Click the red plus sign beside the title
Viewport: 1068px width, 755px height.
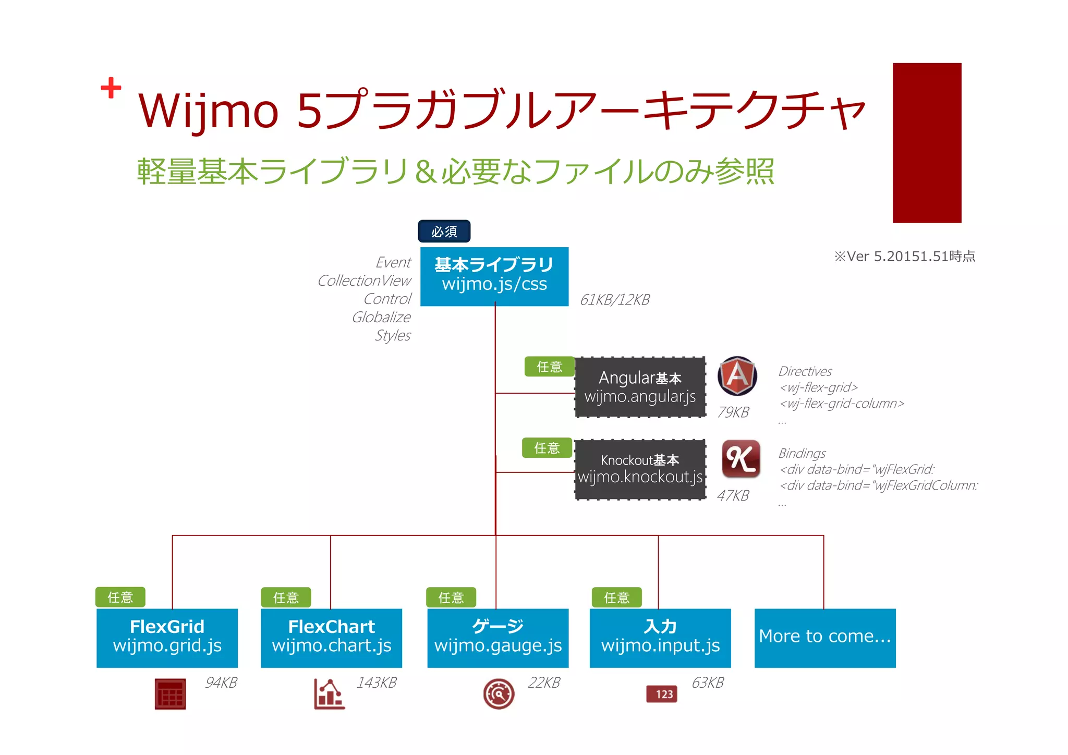click(x=111, y=88)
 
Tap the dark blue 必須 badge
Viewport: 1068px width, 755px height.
click(x=444, y=232)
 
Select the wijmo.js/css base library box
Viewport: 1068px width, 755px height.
click(x=494, y=276)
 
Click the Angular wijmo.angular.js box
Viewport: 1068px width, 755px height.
click(x=640, y=387)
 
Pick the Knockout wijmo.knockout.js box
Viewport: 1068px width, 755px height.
click(x=640, y=469)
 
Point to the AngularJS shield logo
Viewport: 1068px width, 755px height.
click(x=737, y=375)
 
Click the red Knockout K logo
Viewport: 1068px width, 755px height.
click(x=741, y=459)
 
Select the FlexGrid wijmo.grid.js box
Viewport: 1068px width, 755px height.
click(x=167, y=638)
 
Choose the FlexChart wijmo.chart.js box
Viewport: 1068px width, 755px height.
click(x=331, y=638)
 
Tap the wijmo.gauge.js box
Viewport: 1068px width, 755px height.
click(x=497, y=638)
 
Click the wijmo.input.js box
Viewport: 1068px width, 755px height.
click(x=660, y=638)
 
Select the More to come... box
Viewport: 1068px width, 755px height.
click(x=825, y=638)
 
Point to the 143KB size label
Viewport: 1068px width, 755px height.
click(x=377, y=683)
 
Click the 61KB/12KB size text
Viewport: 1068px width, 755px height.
click(x=615, y=300)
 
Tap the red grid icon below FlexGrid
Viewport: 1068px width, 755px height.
click(x=170, y=694)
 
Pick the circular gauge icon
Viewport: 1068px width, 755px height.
click(x=499, y=694)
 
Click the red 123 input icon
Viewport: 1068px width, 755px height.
click(x=662, y=694)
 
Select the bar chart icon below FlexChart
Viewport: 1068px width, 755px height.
click(x=329, y=694)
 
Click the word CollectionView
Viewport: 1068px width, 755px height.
click(x=364, y=281)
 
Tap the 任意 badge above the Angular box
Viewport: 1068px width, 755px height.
click(x=549, y=367)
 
